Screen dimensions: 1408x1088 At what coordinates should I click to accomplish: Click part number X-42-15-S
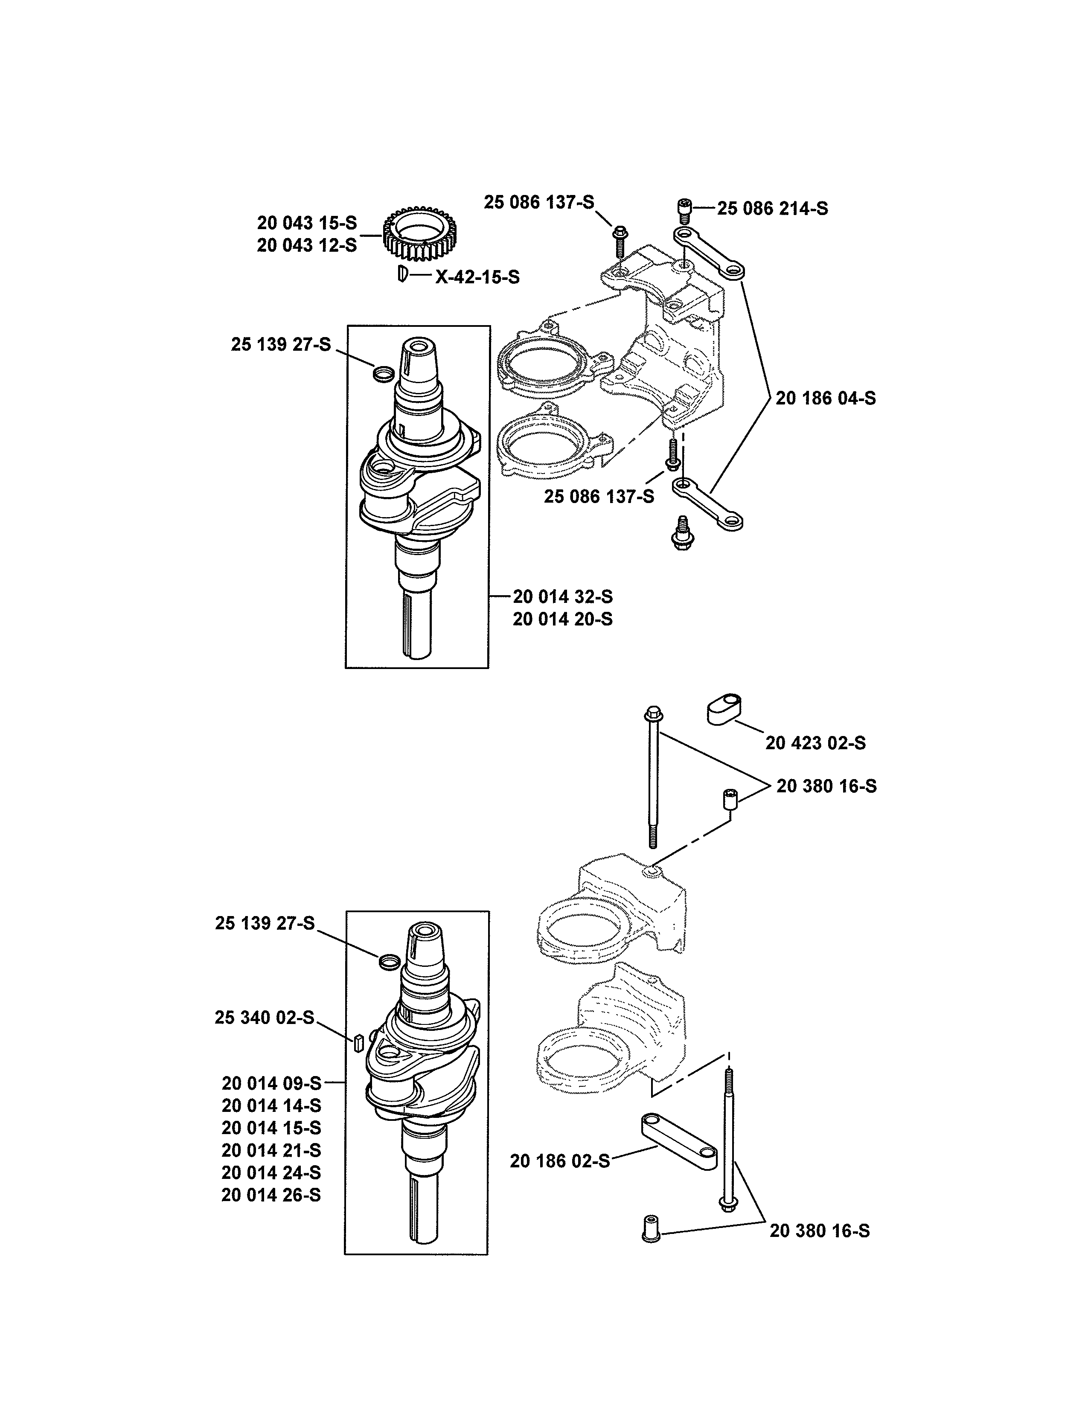[477, 277]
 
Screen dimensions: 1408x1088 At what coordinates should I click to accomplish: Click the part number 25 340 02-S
[264, 1017]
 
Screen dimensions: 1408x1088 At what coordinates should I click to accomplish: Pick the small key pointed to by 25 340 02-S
[359, 1042]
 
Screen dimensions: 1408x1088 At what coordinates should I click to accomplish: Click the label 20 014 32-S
[563, 596]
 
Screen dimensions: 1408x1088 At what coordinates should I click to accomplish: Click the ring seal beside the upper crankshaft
[384, 373]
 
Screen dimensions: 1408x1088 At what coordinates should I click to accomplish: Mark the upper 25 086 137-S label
[539, 202]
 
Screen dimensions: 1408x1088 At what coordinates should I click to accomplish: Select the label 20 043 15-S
[307, 223]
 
